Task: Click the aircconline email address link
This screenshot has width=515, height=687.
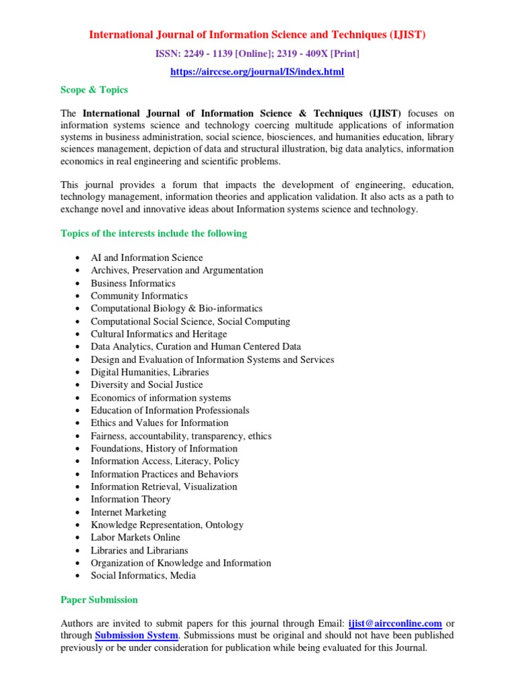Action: [395, 623]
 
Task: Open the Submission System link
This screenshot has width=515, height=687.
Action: [136, 635]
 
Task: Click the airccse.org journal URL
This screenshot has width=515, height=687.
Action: [257, 71]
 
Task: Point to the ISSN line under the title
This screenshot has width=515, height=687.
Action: [257, 53]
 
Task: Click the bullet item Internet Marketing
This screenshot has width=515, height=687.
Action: [129, 512]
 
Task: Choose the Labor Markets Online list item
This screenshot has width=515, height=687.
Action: [135, 537]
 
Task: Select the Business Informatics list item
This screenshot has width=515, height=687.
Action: [133, 283]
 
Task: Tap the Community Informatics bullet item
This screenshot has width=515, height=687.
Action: [139, 296]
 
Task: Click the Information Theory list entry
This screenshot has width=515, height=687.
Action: [131, 499]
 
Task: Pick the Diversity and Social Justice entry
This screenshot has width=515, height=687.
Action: [147, 384]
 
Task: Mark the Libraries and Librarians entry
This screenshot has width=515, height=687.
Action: [139, 550]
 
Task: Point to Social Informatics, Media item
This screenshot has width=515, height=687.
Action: [144, 576]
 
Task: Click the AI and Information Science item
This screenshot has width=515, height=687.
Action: [147, 258]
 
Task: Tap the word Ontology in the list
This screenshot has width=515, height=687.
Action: [224, 525]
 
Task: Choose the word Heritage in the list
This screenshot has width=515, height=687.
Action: [209, 333]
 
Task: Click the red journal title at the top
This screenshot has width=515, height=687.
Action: [257, 35]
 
